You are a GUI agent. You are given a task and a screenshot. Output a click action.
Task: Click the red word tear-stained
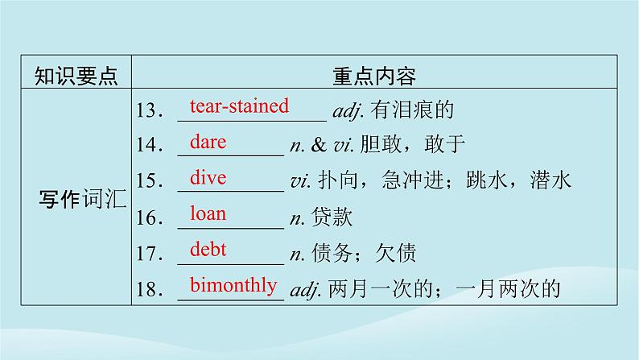click(238, 105)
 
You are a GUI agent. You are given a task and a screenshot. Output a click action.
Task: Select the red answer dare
click(208, 142)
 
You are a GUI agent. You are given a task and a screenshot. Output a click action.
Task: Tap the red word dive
click(208, 177)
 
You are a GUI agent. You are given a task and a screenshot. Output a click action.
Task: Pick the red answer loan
click(208, 213)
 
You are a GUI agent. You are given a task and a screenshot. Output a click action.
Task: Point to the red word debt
click(208, 249)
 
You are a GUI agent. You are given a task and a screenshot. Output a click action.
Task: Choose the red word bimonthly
click(233, 284)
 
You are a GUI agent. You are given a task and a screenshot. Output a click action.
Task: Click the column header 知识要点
click(76, 77)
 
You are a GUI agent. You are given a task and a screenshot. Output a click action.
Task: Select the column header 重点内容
click(373, 77)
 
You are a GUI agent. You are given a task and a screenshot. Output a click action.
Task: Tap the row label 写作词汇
click(82, 197)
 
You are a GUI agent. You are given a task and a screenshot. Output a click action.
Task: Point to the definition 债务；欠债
click(363, 253)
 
